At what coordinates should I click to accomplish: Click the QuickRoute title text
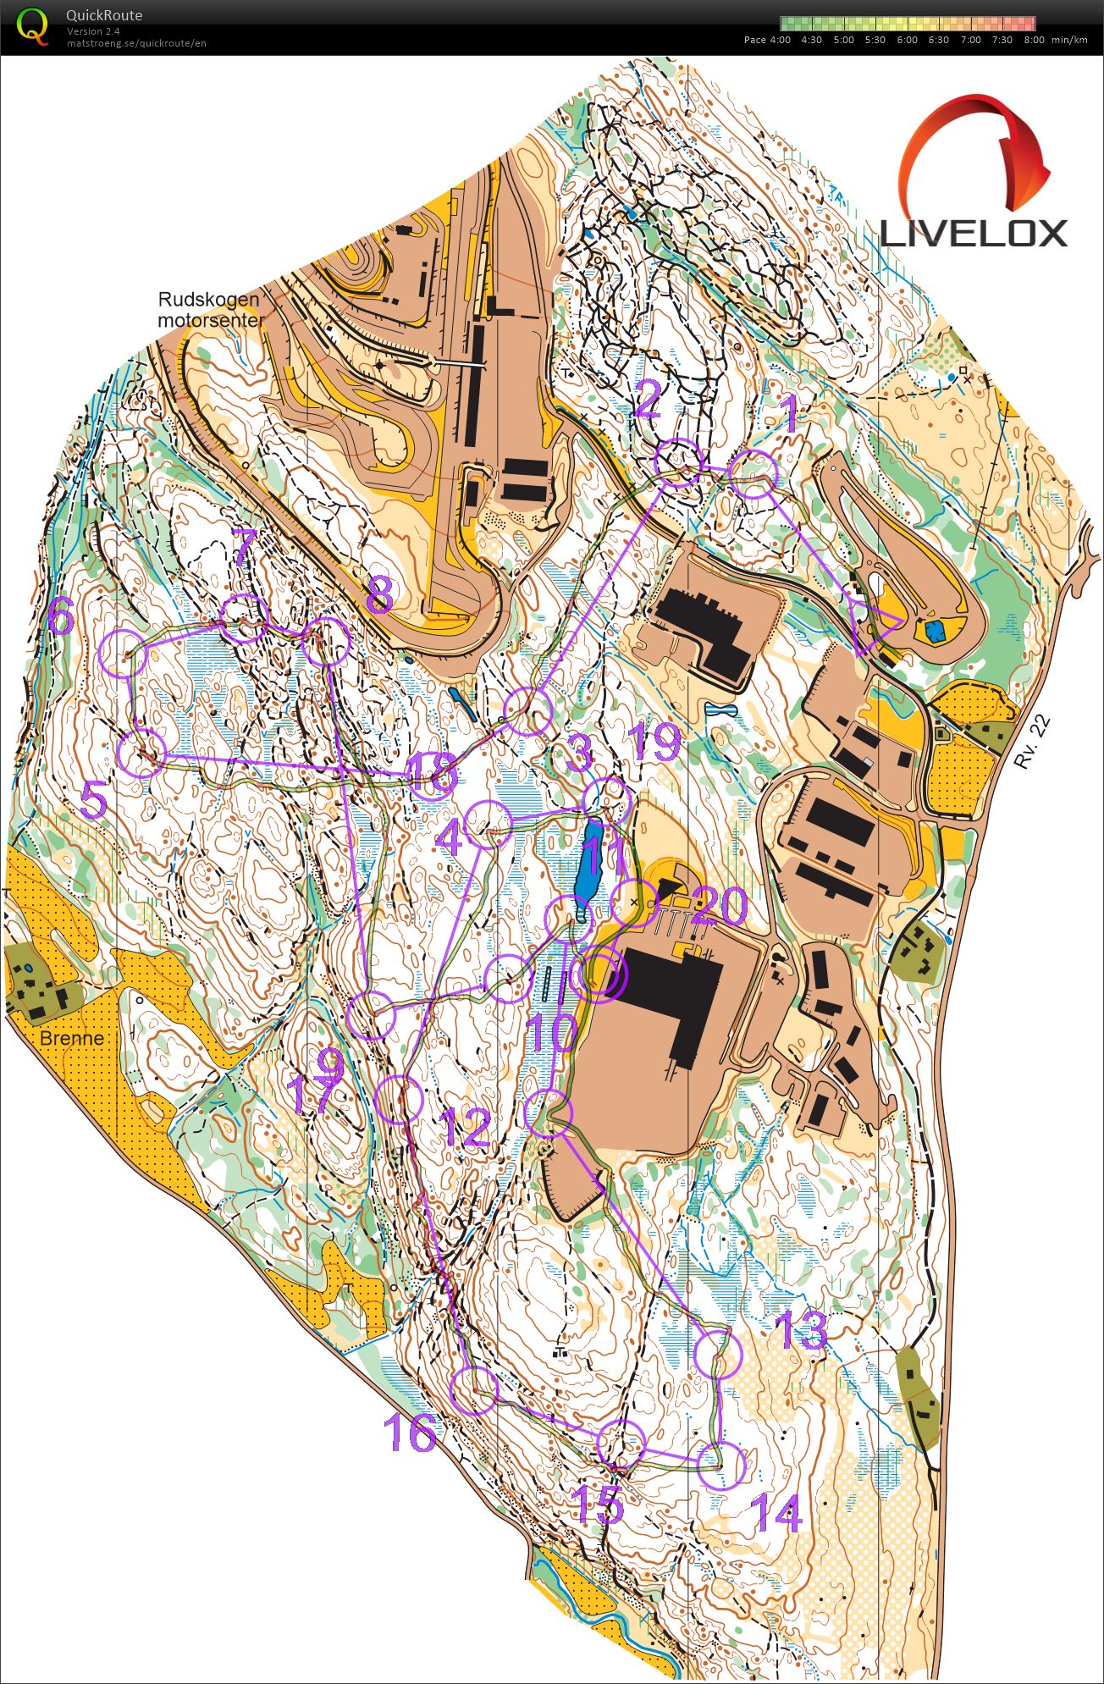tap(104, 15)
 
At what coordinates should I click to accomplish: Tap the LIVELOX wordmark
tap(974, 232)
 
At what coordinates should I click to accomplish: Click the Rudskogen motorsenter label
tap(209, 311)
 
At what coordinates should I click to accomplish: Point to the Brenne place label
tap(72, 1038)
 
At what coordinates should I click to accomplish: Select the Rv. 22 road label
tap(1034, 743)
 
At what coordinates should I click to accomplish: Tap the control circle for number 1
tap(753, 474)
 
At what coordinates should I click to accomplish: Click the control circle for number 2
tap(678, 462)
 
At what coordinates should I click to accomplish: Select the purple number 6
tap(61, 617)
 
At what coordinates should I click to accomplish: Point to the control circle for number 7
tap(243, 617)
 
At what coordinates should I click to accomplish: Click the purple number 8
tap(378, 595)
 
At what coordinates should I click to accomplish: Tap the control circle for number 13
tap(718, 1352)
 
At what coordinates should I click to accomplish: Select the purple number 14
tap(777, 1512)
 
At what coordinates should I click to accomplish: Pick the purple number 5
tap(94, 800)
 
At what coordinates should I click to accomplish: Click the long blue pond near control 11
tap(588, 872)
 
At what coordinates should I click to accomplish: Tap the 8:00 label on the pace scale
tap(1034, 40)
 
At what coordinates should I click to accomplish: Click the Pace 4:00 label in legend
tap(766, 40)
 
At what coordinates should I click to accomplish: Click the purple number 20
tap(720, 906)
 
